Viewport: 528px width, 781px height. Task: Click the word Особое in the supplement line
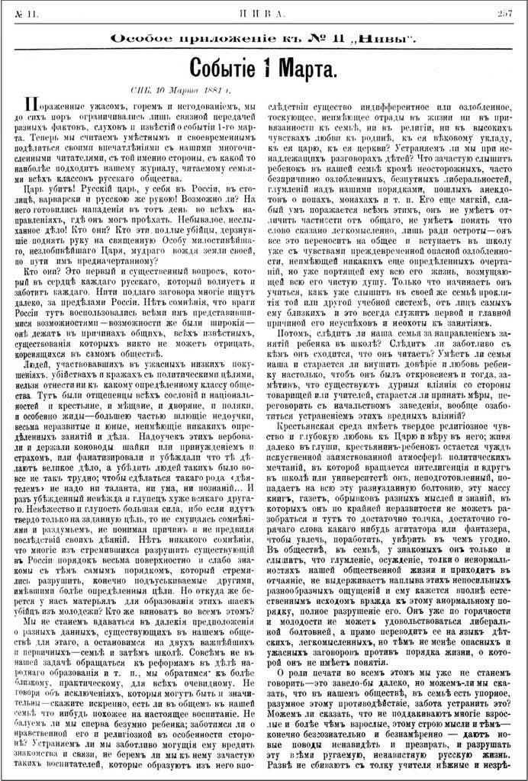point(140,37)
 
